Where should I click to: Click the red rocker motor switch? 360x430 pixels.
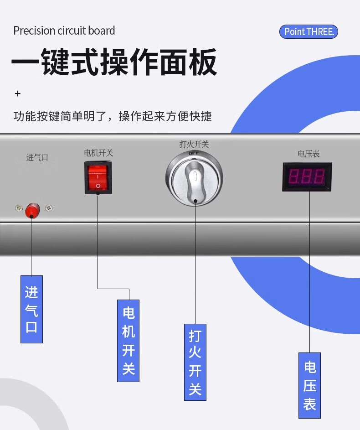pos(98,178)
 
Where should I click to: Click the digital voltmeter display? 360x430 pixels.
pos(307,176)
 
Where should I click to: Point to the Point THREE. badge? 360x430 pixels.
pos(309,32)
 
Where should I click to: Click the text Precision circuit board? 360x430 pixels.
pos(64,31)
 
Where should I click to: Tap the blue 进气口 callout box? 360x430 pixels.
pos(31,309)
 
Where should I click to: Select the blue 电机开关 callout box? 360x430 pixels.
pos(128,340)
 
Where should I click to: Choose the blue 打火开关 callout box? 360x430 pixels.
pos(195,362)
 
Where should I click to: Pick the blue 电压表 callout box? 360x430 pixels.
pos(309,385)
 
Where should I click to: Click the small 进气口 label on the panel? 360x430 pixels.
pos(37,158)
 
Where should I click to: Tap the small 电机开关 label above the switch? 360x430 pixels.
pos(98,153)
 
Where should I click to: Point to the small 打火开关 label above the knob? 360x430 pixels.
pos(194,144)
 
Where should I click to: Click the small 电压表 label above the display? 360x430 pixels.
pos(309,154)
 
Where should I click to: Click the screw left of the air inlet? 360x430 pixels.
pos(18,208)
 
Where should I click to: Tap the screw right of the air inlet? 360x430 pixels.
pos(49,208)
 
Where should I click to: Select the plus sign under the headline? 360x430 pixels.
pos(18,93)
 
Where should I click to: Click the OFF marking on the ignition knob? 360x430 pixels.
pos(194,154)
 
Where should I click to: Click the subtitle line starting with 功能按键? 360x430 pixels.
pos(113,116)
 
